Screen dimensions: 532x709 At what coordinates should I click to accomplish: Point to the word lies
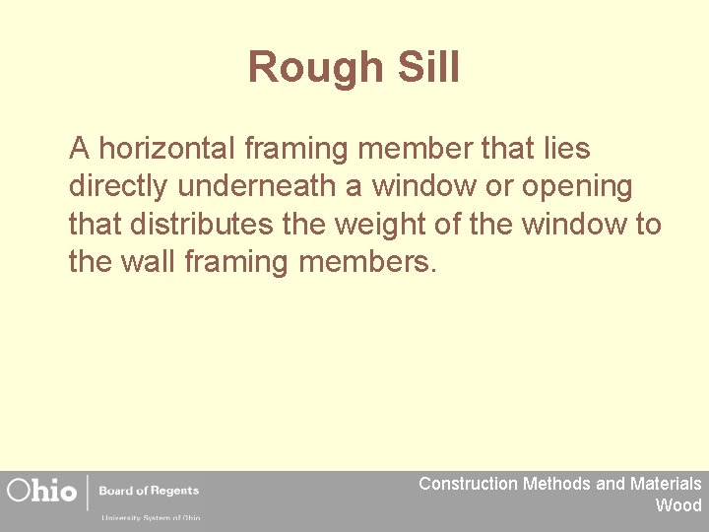click(562, 149)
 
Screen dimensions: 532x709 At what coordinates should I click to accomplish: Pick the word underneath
click(261, 186)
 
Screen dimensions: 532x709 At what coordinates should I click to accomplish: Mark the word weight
click(378, 225)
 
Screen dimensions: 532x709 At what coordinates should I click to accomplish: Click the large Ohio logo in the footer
click(42, 490)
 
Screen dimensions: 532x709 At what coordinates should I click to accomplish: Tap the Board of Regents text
click(148, 490)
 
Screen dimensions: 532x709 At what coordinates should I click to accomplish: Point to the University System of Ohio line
click(150, 517)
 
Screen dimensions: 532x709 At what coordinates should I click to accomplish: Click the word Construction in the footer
click(468, 484)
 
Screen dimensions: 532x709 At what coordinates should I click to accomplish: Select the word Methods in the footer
click(557, 484)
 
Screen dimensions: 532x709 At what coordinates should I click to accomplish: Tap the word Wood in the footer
click(678, 505)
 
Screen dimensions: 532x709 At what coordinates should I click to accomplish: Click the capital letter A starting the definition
click(80, 149)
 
